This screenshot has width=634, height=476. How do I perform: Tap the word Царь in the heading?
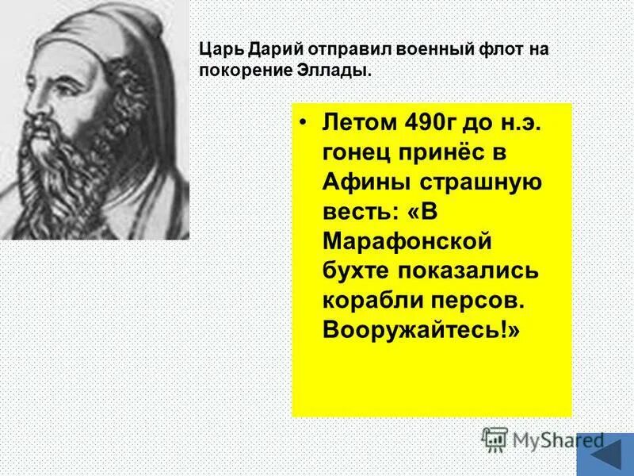[x=219, y=50]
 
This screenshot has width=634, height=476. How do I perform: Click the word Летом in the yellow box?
[x=354, y=125]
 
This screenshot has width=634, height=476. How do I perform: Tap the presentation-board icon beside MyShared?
[x=494, y=440]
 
